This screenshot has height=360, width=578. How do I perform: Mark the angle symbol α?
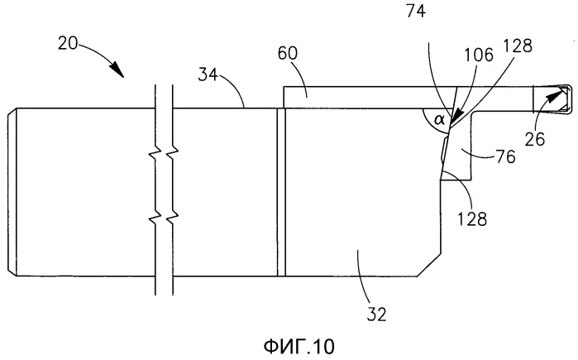coord(441,121)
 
